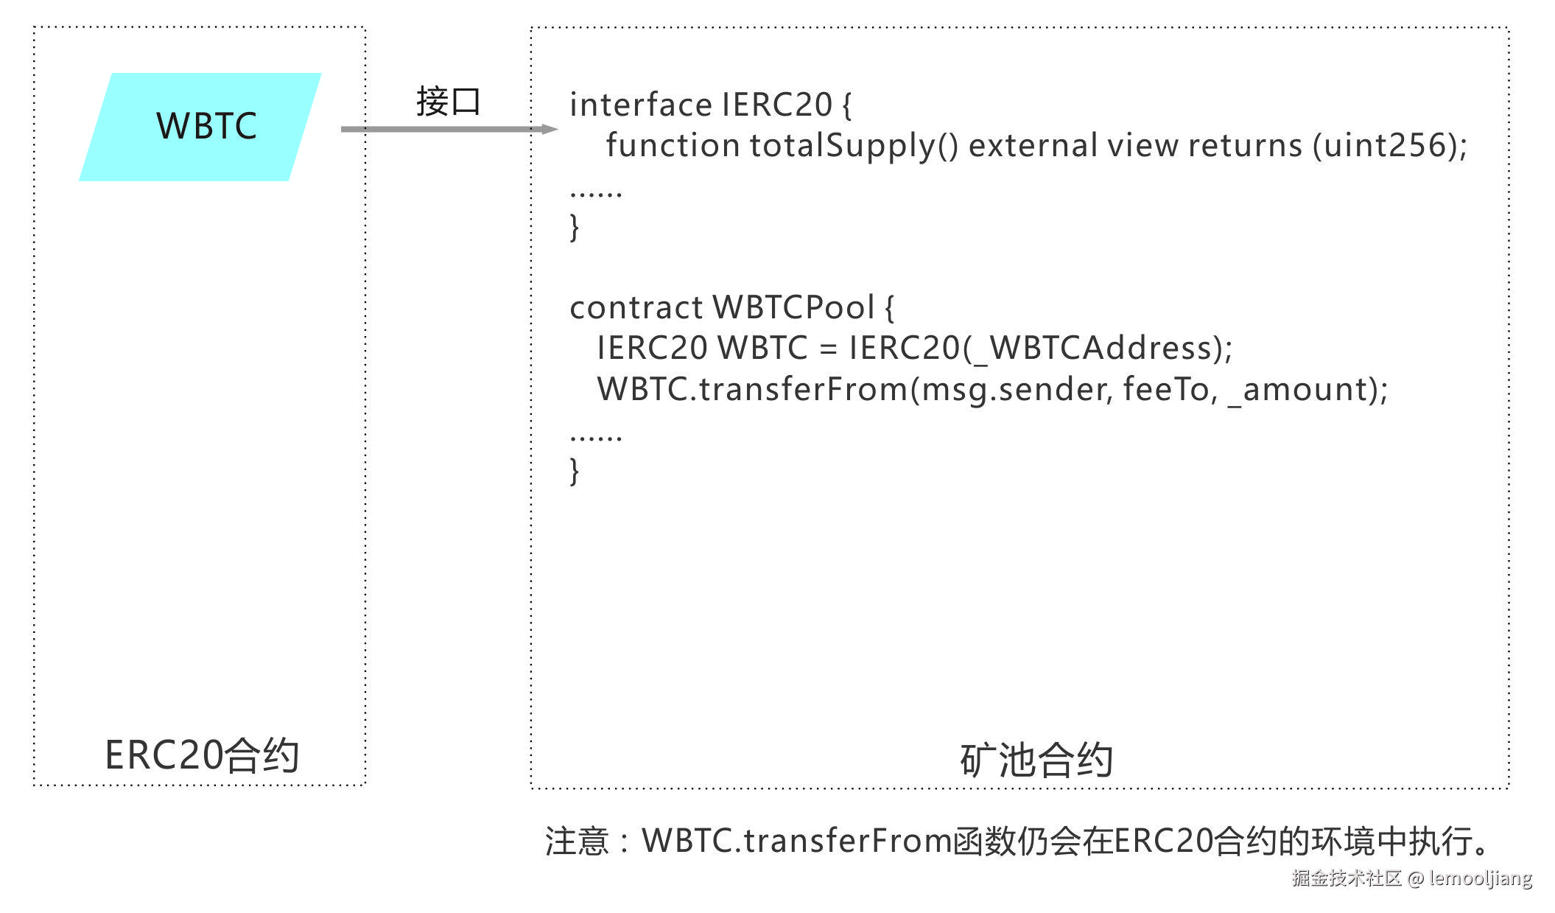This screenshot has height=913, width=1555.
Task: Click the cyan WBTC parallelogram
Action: click(200, 127)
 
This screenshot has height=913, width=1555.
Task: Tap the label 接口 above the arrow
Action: click(448, 102)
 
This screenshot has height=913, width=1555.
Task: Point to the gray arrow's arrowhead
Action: click(549, 129)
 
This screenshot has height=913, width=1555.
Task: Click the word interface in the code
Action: click(640, 105)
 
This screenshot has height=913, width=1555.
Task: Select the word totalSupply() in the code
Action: click(854, 146)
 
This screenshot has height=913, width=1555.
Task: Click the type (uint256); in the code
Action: click(1389, 146)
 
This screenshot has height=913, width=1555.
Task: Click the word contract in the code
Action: click(636, 308)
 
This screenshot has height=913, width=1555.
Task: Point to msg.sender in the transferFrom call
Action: click(1013, 390)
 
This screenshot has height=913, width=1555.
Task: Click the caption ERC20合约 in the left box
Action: click(201, 755)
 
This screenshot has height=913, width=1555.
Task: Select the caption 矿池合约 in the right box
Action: click(1036, 760)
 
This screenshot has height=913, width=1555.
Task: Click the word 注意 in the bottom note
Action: click(576, 841)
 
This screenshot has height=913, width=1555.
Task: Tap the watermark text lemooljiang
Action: click(1480, 878)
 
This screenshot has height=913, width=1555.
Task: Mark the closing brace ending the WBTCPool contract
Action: click(575, 471)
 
